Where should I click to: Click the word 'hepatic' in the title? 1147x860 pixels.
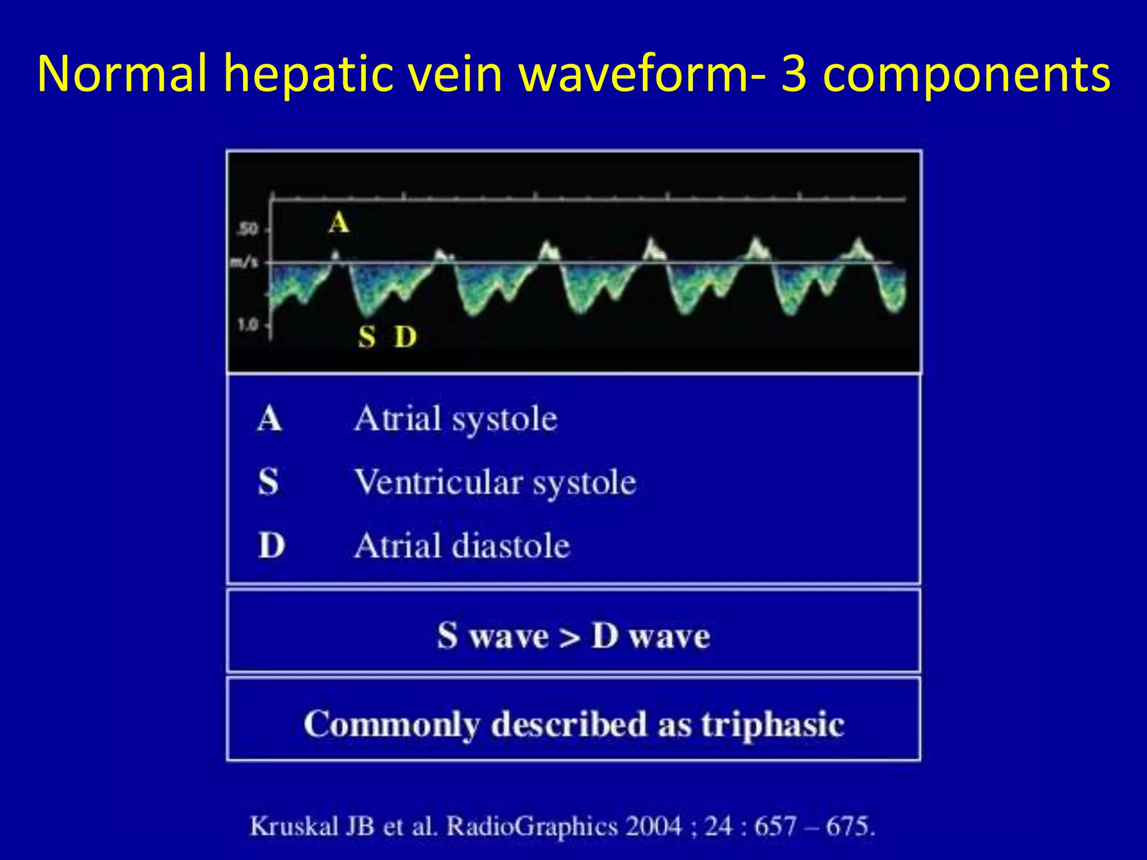tap(310, 74)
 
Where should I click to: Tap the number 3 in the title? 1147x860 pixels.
tap(794, 74)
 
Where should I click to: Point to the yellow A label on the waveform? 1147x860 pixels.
tap(339, 223)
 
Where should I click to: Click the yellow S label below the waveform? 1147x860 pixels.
tap(367, 337)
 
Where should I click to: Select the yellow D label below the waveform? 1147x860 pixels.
tap(405, 337)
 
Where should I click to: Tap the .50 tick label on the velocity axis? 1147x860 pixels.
tap(248, 228)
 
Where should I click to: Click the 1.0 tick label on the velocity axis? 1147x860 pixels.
tap(248, 324)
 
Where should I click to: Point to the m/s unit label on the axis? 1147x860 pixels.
tap(245, 261)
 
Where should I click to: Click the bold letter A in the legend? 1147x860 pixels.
tap(269, 419)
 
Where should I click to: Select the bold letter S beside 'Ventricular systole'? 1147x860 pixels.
tap(268, 482)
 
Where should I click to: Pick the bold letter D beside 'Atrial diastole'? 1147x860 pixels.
tap(272, 545)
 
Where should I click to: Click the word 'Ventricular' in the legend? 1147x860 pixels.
tap(439, 482)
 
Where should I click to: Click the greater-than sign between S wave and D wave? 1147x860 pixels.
tap(570, 637)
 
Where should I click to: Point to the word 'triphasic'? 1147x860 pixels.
tap(773, 724)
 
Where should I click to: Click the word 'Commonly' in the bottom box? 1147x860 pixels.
tap(392, 724)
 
